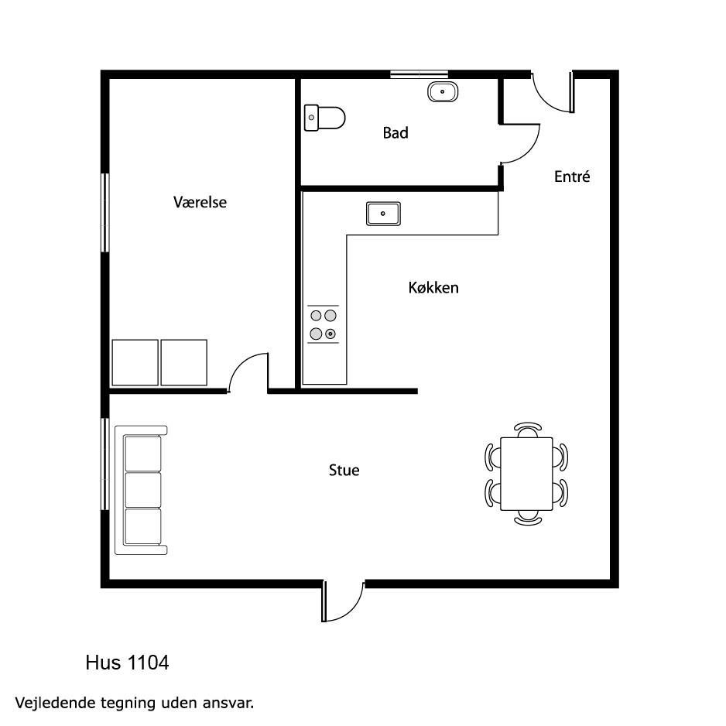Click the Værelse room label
pos(200,202)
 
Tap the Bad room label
pos(396,133)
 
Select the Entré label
pos(572,176)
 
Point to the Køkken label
pos(433,288)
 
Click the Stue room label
pos(344,471)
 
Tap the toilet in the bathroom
pos(324,118)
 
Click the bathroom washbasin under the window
pos(443,91)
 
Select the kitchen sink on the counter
pos(383,214)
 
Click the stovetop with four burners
pos(324,324)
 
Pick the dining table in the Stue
pos(526,474)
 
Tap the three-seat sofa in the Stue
pos(141,490)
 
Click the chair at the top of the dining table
pos(528,430)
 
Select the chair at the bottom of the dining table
pos(528,518)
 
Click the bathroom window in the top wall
pos(419,74)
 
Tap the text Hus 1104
pos(128,663)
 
